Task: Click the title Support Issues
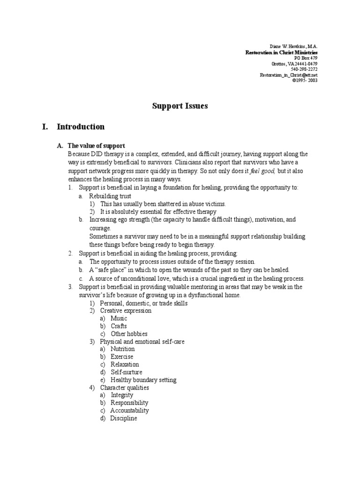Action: [180, 106]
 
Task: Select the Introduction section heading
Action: [81, 127]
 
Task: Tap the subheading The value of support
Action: [96, 146]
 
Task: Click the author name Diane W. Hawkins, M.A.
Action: [294, 47]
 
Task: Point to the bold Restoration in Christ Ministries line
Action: [281, 52]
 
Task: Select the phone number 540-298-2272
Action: [304, 69]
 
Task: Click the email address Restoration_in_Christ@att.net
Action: [289, 75]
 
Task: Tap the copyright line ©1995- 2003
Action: [305, 80]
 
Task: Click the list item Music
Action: [119, 318]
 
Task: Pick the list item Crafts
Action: [119, 326]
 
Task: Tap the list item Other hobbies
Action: [129, 334]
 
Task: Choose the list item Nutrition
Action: [122, 349]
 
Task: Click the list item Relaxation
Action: [125, 364]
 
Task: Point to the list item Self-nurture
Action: [126, 372]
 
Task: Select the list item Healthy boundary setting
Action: [143, 380]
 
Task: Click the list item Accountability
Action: [129, 410]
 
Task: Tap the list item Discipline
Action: [124, 418]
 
